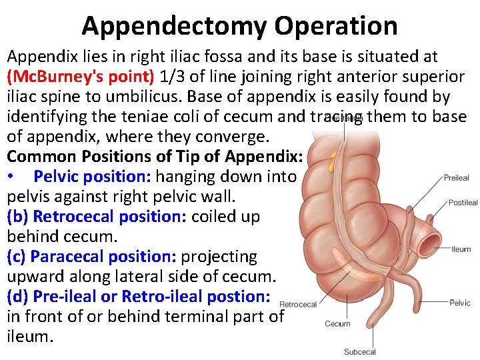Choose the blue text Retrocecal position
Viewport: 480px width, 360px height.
coord(109,217)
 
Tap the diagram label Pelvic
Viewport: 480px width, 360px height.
coord(460,303)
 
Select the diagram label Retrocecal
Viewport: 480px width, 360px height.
coord(298,305)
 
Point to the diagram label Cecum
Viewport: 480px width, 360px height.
coord(337,324)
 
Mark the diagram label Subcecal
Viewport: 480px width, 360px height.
coord(359,352)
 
